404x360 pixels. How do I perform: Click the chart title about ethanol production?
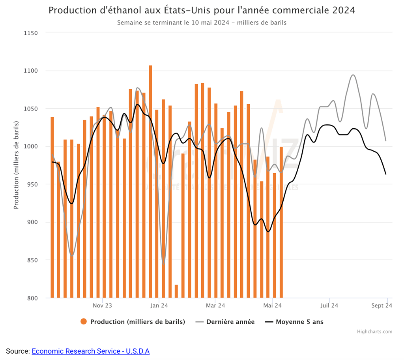(x=202, y=10)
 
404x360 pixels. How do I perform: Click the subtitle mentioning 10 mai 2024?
(x=202, y=22)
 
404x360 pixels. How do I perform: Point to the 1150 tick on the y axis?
(x=30, y=33)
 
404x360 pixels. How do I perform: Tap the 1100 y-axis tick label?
(x=30, y=71)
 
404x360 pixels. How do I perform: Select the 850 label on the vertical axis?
(x=32, y=260)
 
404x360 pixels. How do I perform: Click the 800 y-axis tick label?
(x=32, y=298)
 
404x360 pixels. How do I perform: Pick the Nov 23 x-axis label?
(x=103, y=306)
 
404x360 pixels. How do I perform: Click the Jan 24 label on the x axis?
(x=159, y=306)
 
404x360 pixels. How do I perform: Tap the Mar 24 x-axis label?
(x=215, y=306)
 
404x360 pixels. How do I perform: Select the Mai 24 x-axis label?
(x=272, y=306)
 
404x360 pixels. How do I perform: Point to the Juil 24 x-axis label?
(x=329, y=306)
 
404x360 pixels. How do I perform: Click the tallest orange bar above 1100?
(x=150, y=182)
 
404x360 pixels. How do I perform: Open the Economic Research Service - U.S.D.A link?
(x=90, y=351)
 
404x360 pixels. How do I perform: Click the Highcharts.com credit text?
(x=374, y=332)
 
